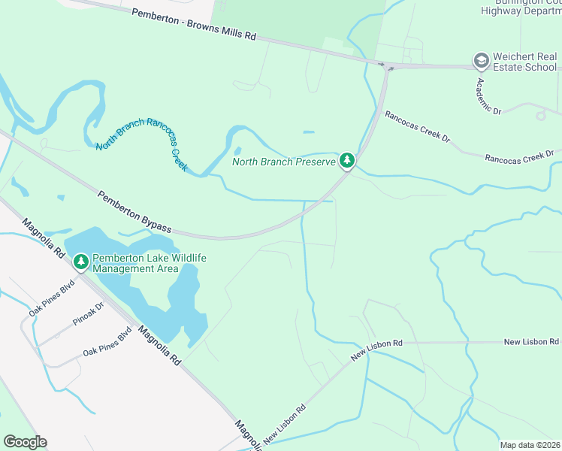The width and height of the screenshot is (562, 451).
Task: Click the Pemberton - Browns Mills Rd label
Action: tap(194, 25)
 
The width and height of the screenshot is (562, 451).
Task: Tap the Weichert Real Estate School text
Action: tap(525, 62)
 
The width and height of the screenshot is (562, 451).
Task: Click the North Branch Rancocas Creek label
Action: tap(141, 144)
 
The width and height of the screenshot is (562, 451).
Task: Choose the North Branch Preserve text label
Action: tap(283, 161)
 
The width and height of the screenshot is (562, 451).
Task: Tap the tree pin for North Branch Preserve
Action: tap(346, 160)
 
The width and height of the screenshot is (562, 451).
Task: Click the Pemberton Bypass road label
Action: tap(135, 212)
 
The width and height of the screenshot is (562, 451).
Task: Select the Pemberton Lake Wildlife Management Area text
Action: tap(149, 263)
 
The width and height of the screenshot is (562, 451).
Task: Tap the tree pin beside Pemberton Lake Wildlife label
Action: tap(80, 262)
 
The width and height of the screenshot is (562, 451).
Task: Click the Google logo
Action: tap(25, 442)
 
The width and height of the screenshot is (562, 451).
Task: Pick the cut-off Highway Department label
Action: tap(521, 9)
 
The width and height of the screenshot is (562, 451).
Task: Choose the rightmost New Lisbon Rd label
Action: tap(530, 342)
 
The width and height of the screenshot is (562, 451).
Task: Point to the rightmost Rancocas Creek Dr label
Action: tap(518, 157)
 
